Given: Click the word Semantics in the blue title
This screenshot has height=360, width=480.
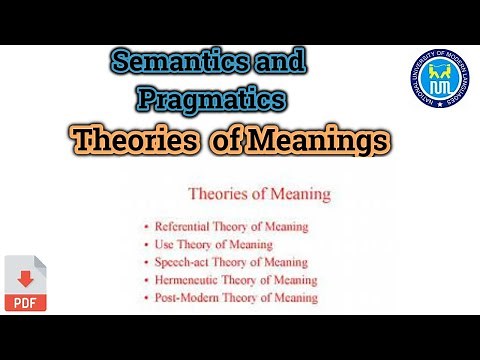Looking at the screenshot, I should tap(183, 63).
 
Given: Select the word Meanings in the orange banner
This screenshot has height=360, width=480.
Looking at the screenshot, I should tap(317, 141).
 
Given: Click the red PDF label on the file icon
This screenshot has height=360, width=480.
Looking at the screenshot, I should tap(21, 300).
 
